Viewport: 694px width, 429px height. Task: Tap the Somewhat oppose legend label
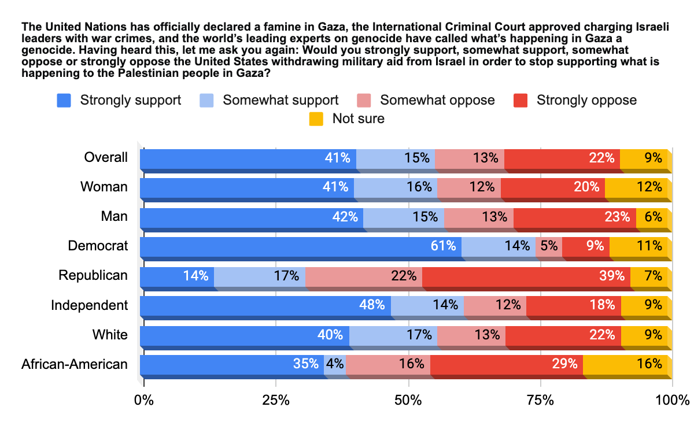pos(437,100)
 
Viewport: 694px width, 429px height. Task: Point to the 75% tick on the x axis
pos(540,400)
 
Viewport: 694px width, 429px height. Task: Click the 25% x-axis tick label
pos(276,400)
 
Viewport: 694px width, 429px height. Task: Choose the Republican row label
pos(93,275)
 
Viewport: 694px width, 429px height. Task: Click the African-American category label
pos(74,364)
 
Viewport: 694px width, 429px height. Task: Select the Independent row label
pos(89,305)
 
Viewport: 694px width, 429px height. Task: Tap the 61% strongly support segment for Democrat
pos(301,246)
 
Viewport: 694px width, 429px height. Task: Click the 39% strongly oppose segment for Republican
pos(526,275)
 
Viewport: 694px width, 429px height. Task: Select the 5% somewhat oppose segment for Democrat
pos(549,246)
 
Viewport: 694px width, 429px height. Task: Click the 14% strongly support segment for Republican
pos(177,275)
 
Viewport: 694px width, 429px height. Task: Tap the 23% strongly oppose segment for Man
pos(575,216)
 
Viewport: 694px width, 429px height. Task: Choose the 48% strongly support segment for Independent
pos(265,305)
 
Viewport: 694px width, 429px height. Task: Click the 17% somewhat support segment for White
pos(393,334)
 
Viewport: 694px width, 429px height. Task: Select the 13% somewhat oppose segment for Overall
pos(470,157)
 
